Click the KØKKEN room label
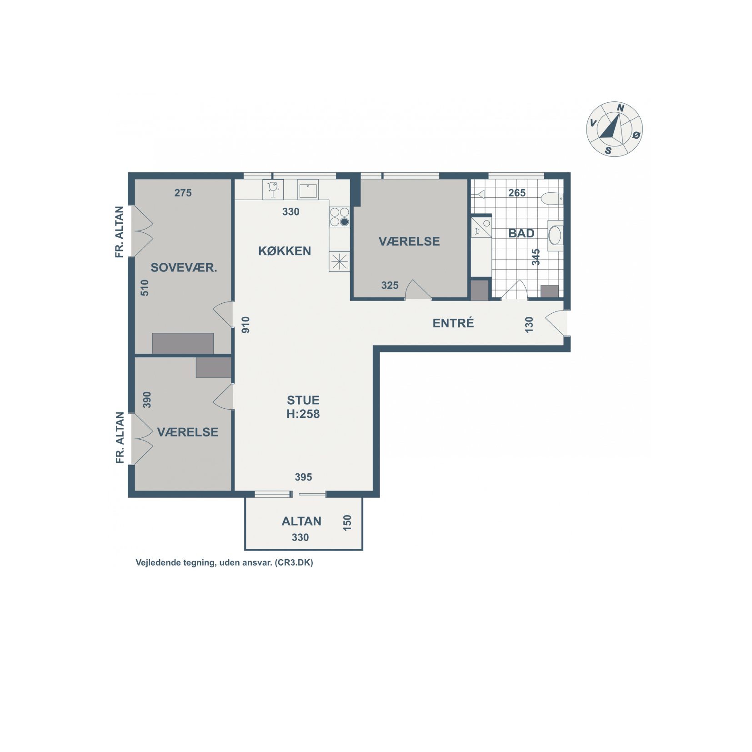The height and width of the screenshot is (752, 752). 285,251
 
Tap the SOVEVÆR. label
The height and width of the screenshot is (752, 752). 184,267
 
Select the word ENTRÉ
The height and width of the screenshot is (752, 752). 453,323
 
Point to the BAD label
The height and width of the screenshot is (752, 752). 521,233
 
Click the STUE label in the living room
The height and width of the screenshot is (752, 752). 303,400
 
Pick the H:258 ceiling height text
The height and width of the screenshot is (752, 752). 303,414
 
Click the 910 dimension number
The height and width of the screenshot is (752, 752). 246,325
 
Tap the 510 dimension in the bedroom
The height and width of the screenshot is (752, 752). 145,288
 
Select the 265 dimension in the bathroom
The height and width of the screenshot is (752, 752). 517,193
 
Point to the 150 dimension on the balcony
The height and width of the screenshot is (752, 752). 347,523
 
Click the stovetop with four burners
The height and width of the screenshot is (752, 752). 340,217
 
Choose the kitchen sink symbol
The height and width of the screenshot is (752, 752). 308,189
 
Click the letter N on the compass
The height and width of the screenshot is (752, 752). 620,108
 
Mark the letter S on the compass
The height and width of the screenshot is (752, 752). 608,150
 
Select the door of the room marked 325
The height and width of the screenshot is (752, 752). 418,289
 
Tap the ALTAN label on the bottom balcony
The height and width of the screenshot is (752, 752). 301,521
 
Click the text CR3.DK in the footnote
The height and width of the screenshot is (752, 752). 294,562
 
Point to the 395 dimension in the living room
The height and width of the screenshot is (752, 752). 303,477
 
